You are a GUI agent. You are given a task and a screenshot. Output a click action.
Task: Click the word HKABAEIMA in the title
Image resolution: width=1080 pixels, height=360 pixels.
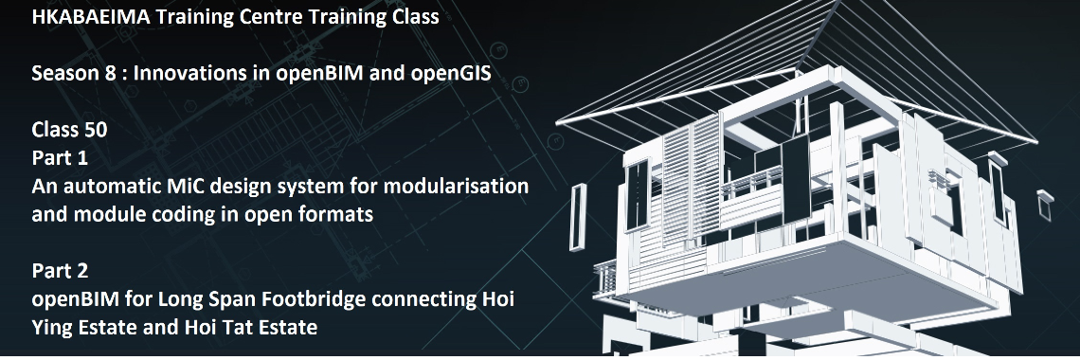pyautogui.click(x=90, y=16)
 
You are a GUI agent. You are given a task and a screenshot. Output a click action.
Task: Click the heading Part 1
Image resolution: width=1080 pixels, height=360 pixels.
pyautogui.click(x=60, y=157)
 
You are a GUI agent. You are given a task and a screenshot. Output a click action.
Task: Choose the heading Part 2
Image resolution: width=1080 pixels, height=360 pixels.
pyautogui.click(x=60, y=271)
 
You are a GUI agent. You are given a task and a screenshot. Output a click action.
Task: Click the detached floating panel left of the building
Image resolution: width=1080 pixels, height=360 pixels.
pyautogui.click(x=579, y=217)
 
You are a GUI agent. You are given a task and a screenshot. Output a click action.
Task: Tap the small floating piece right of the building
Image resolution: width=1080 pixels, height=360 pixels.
pyautogui.click(x=1045, y=204)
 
